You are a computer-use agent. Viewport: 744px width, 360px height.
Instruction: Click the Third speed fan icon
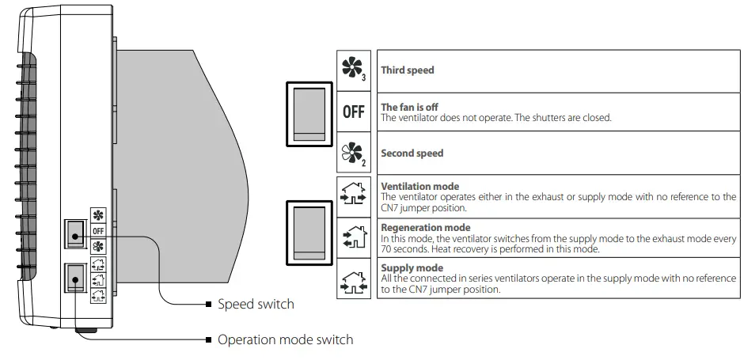(x=353, y=70)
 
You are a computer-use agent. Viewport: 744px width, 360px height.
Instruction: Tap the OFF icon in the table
(x=353, y=112)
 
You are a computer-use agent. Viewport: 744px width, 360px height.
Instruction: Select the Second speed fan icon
(x=353, y=153)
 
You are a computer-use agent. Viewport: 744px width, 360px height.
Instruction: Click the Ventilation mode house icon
(x=353, y=195)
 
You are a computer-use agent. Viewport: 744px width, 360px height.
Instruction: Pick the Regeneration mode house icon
(x=353, y=236)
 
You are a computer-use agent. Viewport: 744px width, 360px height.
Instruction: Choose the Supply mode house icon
(x=353, y=279)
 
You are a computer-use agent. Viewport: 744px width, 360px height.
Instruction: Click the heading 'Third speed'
(x=407, y=70)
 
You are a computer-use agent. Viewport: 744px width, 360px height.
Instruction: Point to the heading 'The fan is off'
(x=409, y=107)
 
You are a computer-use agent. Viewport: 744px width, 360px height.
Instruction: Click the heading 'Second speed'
(x=412, y=153)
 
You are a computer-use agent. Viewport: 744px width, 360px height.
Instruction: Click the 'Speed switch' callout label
(x=256, y=304)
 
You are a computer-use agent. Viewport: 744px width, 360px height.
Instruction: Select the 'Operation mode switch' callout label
(x=285, y=339)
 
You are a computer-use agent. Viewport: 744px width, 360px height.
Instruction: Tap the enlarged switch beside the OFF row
(x=308, y=114)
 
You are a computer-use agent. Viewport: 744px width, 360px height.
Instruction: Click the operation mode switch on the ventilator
(x=76, y=277)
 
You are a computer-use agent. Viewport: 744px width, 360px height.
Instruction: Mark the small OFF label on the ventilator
(x=99, y=230)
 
